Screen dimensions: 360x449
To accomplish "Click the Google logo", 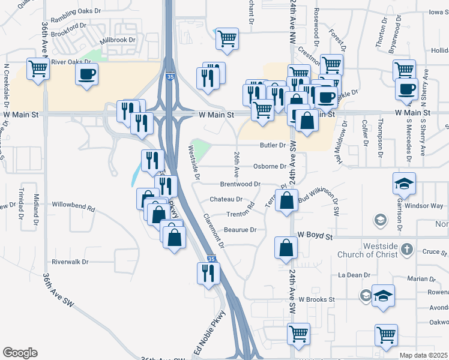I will pos(20,353).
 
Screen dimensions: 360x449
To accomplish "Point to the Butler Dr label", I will pos(273,145).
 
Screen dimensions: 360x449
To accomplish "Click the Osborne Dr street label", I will pos(270,166).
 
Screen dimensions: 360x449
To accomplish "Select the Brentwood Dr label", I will pos(240,184).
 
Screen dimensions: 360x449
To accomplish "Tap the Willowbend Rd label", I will pos(73,209).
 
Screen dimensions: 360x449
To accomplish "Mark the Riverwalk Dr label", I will pos(70,262).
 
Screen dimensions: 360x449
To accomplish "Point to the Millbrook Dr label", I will pos(118,40).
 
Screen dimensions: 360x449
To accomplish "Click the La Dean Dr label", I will pos(353,275).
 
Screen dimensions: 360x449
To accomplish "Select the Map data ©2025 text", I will pos(424,355).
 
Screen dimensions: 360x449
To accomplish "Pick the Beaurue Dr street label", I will pos(240,230).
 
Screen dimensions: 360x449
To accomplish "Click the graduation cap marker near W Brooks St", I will pos(383,296).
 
